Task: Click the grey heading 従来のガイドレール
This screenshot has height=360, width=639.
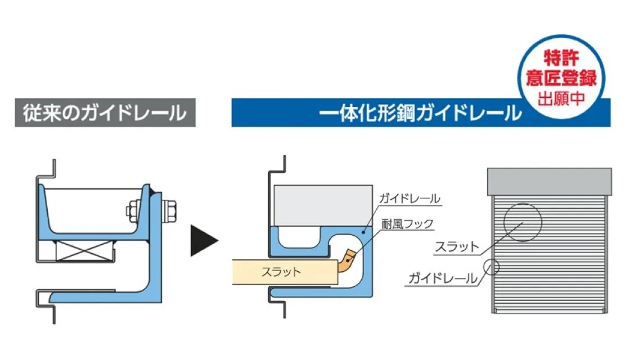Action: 105,113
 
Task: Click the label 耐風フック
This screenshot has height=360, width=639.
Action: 407,224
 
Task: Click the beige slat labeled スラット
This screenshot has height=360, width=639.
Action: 281,272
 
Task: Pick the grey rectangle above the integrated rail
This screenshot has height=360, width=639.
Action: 323,205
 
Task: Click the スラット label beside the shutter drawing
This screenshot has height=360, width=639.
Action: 456,246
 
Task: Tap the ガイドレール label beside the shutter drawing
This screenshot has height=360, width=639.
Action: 443,277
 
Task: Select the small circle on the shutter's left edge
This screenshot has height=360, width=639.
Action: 491,266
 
